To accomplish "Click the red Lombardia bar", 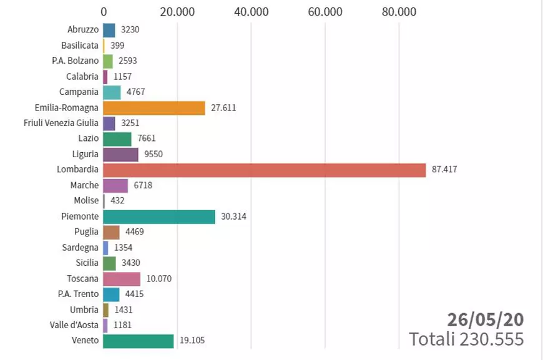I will pos(264,170).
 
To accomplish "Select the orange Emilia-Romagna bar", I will pos(154,107).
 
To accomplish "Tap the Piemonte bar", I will pos(159,216).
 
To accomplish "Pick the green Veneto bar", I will pos(138,341).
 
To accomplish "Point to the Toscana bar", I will pos(121,278).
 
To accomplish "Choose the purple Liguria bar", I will pos(120,154).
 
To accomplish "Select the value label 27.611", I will pos(223,107).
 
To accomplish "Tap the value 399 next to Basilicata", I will pos(117,46).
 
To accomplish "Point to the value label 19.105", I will pos(192,341).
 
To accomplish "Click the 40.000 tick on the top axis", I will pos(251,12).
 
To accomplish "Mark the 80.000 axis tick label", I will pos(399,12).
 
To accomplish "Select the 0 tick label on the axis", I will pos(103,12).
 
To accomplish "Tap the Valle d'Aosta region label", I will pos(74,325).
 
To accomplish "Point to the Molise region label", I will pos(86,201).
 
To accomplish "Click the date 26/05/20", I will pos(485,319).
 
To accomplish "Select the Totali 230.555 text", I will pos(466,339).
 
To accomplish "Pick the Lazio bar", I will pos(117,139).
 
